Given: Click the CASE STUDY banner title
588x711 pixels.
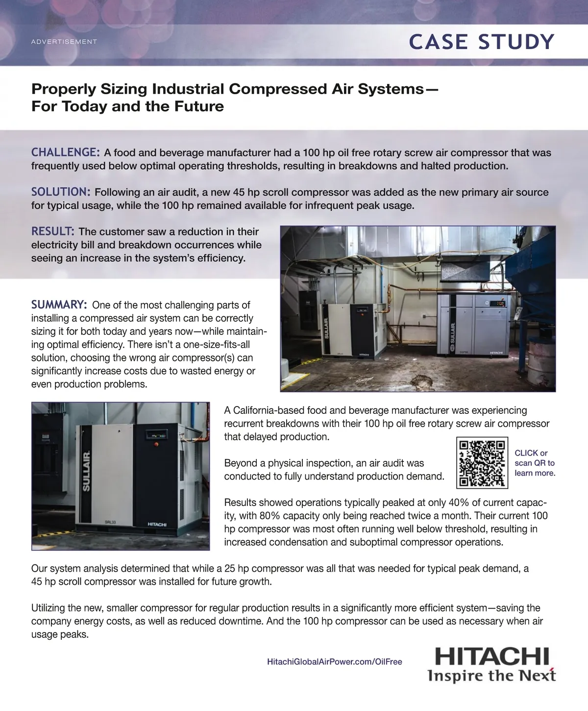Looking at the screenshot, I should [x=482, y=42].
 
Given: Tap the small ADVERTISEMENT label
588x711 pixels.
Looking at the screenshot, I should [x=64, y=42].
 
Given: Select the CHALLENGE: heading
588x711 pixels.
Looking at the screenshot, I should [x=66, y=152].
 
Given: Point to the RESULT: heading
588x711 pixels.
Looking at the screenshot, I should [x=53, y=231].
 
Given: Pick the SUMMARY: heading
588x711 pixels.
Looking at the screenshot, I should [x=59, y=305].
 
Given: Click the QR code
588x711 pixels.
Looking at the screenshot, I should [x=482, y=463].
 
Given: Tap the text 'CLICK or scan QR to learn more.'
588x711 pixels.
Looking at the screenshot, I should [x=535, y=463].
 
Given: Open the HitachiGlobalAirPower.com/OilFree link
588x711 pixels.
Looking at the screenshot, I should [x=335, y=661].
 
